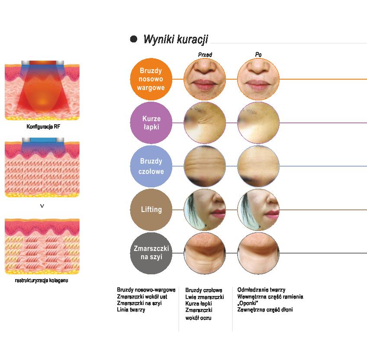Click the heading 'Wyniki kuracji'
[175, 39]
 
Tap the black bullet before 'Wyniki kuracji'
[134, 39]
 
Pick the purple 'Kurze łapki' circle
[151, 122]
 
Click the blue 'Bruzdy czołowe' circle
[151, 166]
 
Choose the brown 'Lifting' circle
[151, 209]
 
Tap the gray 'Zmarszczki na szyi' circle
[151, 253]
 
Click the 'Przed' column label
[205, 55]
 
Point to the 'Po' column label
[258, 55]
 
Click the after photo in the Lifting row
[258, 209]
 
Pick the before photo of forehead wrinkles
[205, 166]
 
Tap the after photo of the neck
[258, 253]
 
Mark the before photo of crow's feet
[205, 122]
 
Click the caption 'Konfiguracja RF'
[42, 127]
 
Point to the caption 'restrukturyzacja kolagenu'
[42, 280]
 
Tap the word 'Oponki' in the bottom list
[248, 303]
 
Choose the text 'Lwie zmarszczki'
[204, 297]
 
